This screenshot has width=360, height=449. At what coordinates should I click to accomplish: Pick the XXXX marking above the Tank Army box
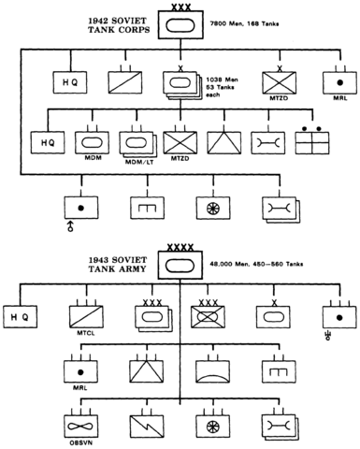click(180, 247)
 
